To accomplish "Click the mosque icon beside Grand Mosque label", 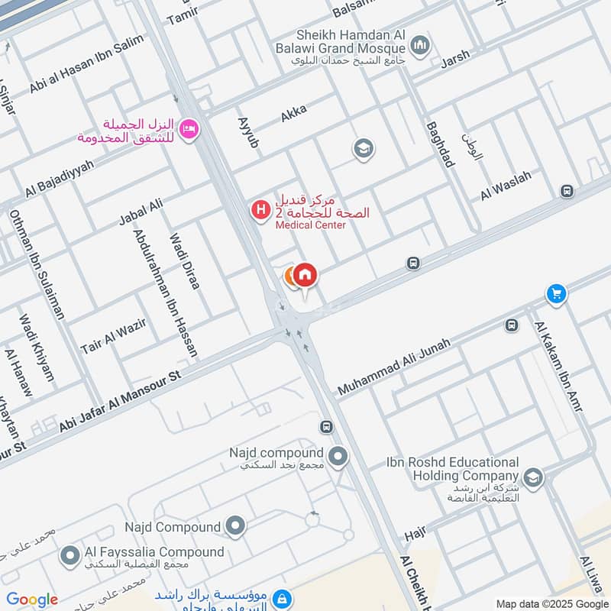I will tap(419, 46).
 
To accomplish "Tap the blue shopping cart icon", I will tap(555, 293).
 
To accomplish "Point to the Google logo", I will tap(31, 600).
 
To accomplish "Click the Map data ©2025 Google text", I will tap(551, 603).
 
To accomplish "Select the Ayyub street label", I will tap(249, 132).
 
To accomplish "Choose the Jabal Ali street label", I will tap(141, 211).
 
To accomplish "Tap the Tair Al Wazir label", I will tap(113, 336).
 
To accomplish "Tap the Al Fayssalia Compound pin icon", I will tap(70, 555).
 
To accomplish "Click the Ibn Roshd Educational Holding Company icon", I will tap(532, 477).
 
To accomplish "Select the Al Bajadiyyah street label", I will tap(60, 179).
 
